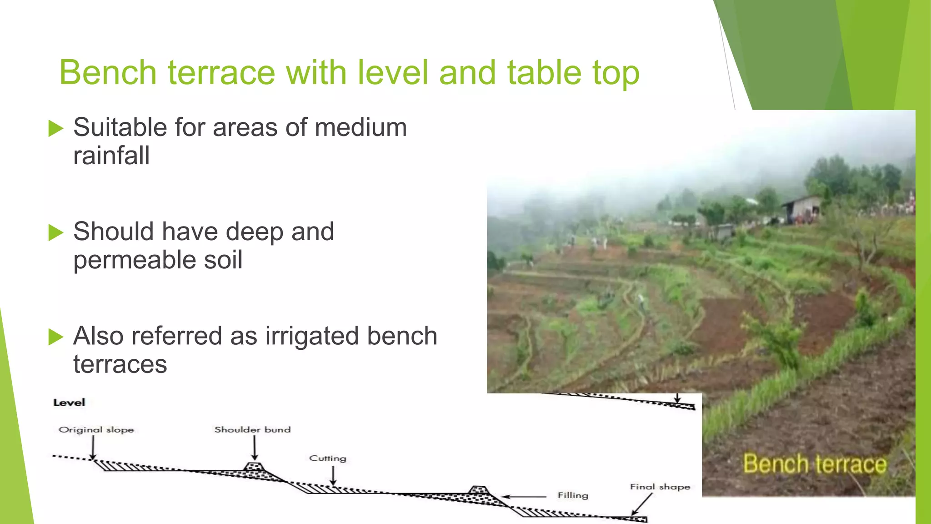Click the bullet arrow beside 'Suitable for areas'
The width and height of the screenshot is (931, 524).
pyautogui.click(x=55, y=128)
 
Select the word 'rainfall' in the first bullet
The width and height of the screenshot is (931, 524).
pyautogui.click(x=111, y=156)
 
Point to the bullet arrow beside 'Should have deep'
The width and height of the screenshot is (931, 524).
pyautogui.click(x=55, y=232)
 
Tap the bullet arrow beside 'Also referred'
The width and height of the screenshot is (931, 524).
pyautogui.click(x=55, y=337)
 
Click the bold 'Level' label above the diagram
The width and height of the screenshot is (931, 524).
pyautogui.click(x=69, y=403)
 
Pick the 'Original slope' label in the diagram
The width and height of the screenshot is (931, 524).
pyautogui.click(x=96, y=430)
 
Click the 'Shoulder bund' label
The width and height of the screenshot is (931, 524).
pyautogui.click(x=252, y=430)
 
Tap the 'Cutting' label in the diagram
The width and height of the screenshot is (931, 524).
pyautogui.click(x=328, y=458)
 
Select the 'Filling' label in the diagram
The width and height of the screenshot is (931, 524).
pyautogui.click(x=573, y=495)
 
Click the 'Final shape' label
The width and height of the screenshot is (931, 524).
pyautogui.click(x=660, y=487)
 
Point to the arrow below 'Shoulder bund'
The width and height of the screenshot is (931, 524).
pyautogui.click(x=255, y=448)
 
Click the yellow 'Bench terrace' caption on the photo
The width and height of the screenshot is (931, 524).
pyautogui.click(x=815, y=464)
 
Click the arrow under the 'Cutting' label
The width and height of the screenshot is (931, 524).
pyautogui.click(x=333, y=476)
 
